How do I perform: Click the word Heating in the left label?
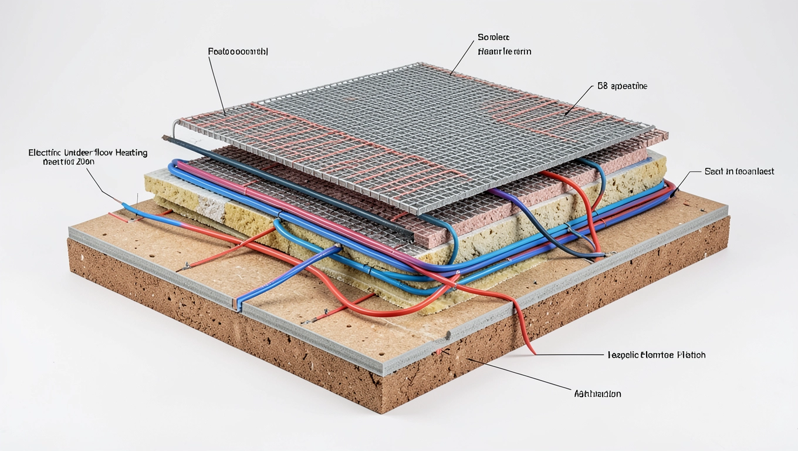132,153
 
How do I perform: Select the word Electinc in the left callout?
43,153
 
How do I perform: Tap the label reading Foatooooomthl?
238,52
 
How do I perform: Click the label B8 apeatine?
622,86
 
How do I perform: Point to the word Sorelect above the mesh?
493,37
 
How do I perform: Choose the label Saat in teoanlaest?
739,171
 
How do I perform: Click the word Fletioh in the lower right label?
691,355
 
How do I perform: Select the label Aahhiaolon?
597,393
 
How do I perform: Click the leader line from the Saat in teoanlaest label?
688,180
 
